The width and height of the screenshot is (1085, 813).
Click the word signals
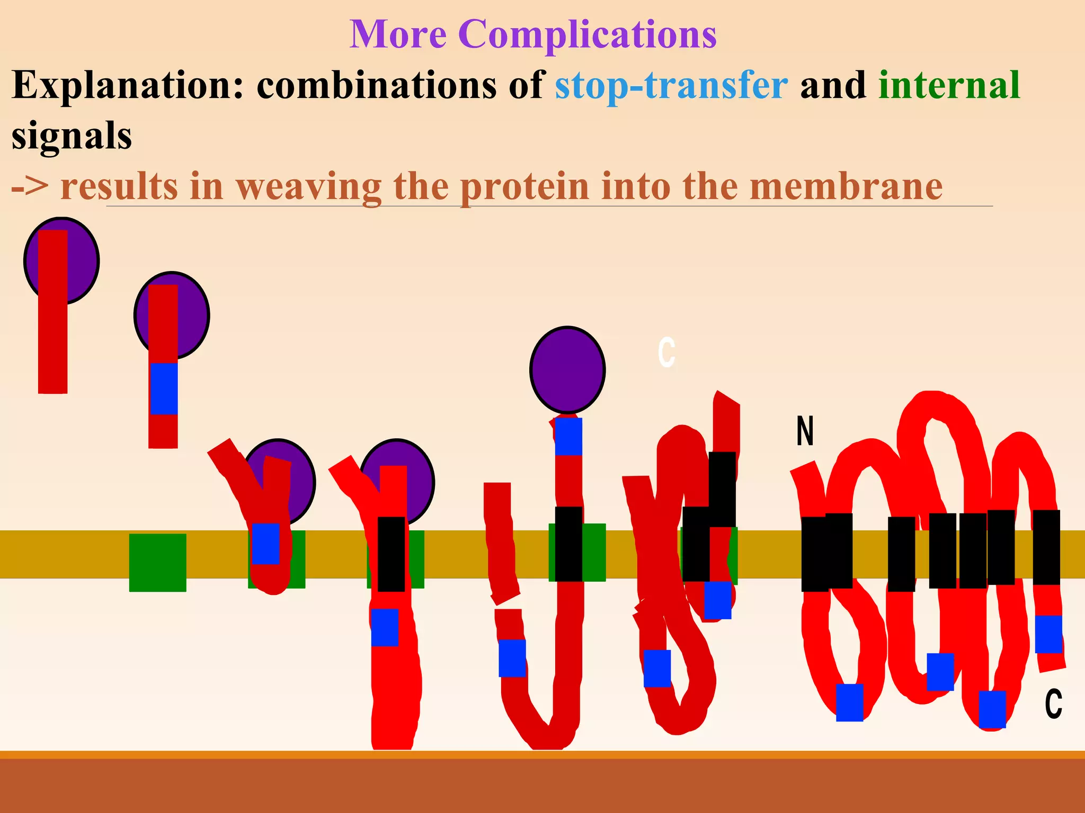tap(72, 135)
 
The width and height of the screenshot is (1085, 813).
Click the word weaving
tap(308, 186)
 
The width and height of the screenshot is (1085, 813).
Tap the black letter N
tap(805, 431)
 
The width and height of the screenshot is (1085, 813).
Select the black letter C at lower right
tap(1053, 704)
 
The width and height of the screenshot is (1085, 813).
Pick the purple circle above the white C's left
tap(567, 369)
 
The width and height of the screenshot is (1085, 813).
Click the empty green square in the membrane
tap(157, 562)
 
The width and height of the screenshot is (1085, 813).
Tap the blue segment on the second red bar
tap(164, 389)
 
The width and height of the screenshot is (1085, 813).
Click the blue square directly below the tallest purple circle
tap(568, 437)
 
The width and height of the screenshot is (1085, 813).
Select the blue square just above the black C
tap(1048, 634)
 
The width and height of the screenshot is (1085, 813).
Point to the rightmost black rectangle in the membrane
tap(1046, 547)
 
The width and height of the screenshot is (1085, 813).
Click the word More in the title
tap(398, 34)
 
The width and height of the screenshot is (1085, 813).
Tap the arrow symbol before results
tap(30, 187)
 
